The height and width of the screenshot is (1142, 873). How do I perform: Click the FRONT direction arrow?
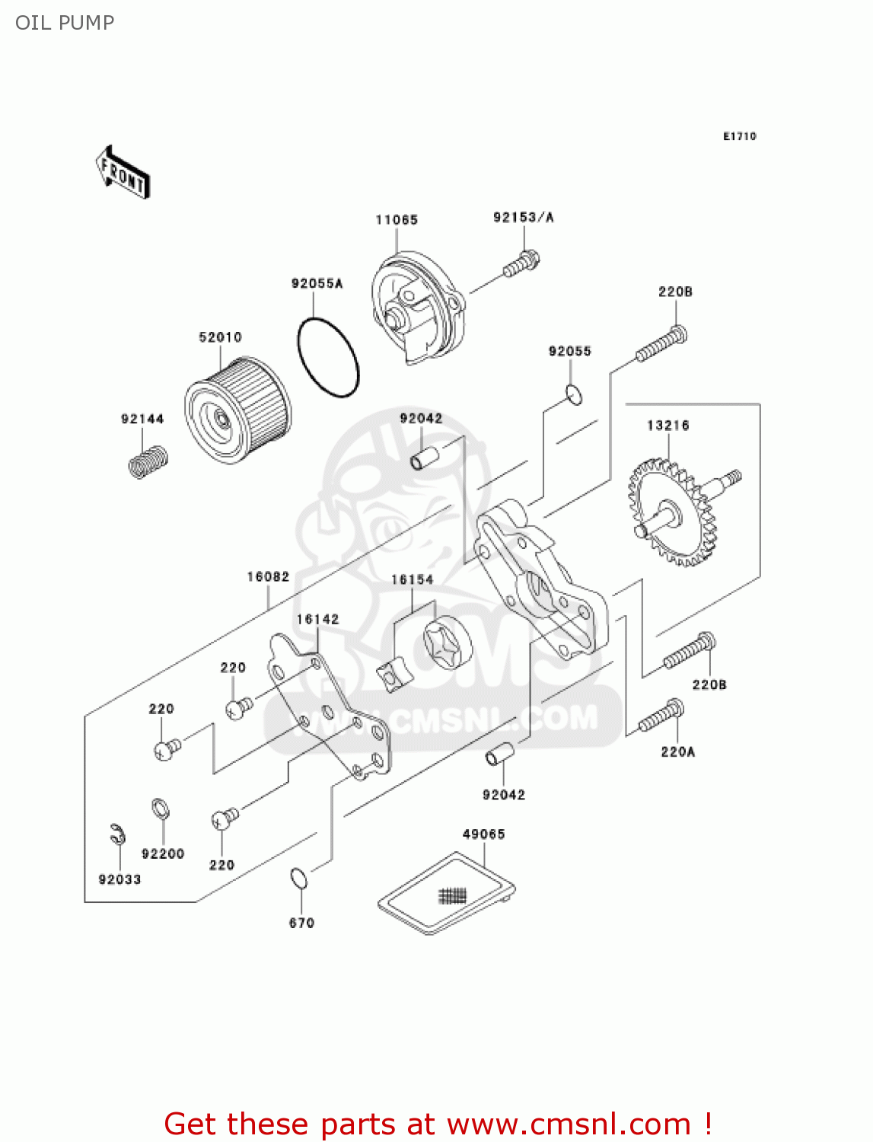[123, 173]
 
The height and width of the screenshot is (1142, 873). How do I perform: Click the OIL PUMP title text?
[65, 23]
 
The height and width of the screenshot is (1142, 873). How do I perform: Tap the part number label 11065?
[397, 220]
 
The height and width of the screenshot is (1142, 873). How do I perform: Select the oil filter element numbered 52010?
[237, 415]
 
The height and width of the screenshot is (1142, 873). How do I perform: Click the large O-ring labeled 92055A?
[327, 357]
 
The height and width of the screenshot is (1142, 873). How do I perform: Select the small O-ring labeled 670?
[299, 878]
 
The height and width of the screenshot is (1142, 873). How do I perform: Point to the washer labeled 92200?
[160, 808]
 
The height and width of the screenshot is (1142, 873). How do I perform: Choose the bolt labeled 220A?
[661, 715]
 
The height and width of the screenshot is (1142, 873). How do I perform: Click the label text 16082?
[268, 577]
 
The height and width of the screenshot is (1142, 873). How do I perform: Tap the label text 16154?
[412, 580]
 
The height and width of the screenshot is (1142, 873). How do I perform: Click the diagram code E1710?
[739, 136]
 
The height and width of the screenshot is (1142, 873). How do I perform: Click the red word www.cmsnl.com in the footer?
[568, 1124]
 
